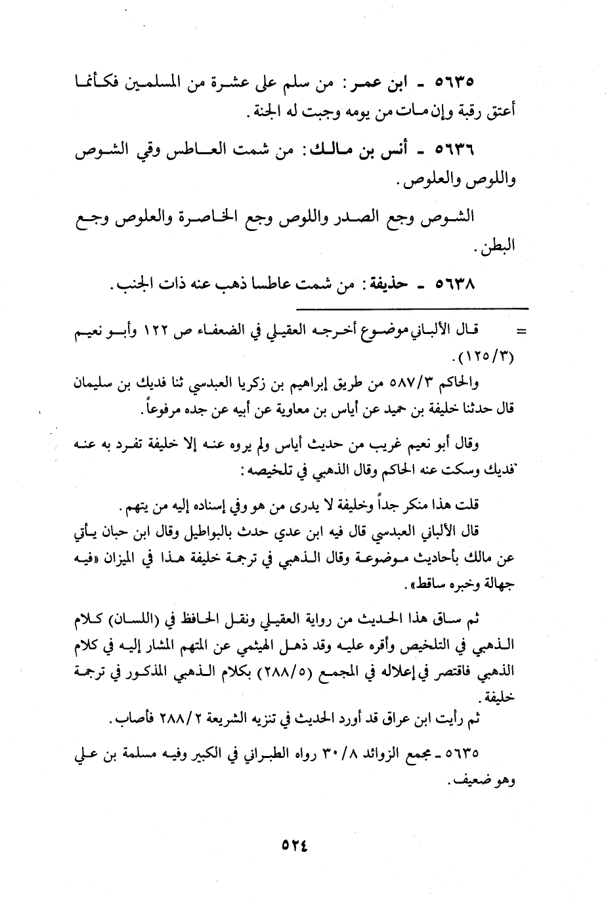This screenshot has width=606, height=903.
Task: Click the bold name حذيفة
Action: (389, 285)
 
